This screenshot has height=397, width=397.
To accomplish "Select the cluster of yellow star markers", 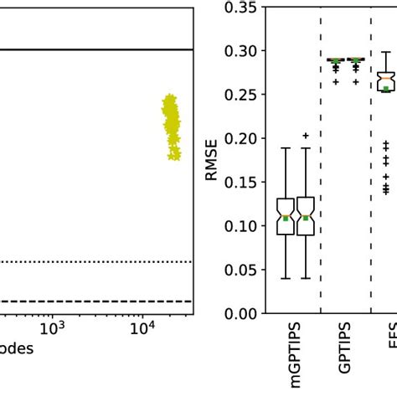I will click(x=172, y=126).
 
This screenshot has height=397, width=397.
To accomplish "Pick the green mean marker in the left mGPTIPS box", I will click(x=286, y=218).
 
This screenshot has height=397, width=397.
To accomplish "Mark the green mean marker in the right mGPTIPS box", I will click(x=306, y=218).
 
